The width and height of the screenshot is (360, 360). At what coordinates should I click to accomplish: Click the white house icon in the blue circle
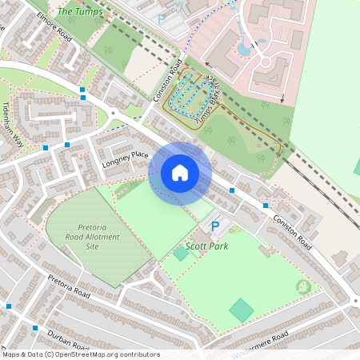180,173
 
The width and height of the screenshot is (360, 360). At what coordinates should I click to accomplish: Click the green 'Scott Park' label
206,246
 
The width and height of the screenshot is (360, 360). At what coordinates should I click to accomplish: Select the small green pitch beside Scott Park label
182,253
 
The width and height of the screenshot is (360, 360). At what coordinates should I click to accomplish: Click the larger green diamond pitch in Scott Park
241,310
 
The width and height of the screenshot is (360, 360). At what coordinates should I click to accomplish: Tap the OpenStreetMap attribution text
82,354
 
